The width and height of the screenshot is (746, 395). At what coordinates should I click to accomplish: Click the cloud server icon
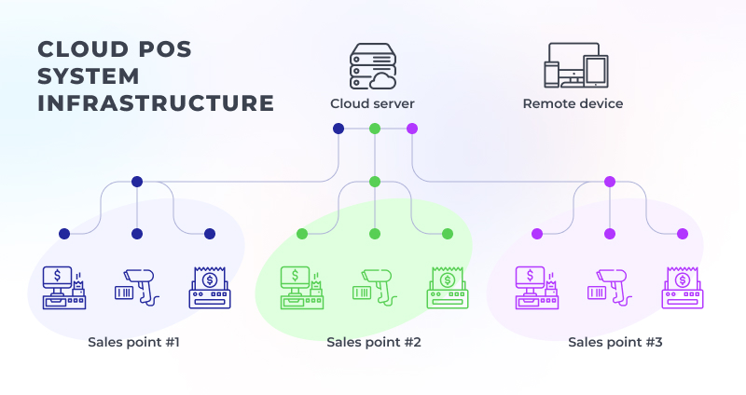(x=373, y=66)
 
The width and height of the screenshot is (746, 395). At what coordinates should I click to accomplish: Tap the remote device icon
(x=576, y=65)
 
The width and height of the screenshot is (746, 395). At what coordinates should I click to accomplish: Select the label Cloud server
(x=372, y=103)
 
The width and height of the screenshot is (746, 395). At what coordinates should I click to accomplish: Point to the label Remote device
(x=573, y=103)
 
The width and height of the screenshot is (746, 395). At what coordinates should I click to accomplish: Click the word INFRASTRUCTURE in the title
(x=156, y=103)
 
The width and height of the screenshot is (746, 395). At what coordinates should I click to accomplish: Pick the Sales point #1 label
(x=133, y=342)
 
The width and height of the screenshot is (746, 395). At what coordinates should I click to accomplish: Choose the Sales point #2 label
(x=374, y=342)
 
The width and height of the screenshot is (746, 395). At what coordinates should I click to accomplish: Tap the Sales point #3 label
(x=615, y=342)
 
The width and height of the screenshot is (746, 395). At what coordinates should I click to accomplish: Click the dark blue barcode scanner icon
(x=137, y=287)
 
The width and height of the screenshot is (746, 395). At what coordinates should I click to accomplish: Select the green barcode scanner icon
(x=375, y=287)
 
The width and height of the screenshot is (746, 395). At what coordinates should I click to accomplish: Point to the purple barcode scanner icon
(x=610, y=287)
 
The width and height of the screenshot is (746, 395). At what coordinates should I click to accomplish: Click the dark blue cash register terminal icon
(x=64, y=288)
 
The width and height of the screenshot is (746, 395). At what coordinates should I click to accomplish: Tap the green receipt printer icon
(x=448, y=288)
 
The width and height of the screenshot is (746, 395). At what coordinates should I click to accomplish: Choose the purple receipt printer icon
(x=683, y=288)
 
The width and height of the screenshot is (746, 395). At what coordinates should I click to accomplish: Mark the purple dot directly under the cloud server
(x=412, y=129)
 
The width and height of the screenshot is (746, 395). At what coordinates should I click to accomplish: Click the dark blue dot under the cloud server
(x=338, y=129)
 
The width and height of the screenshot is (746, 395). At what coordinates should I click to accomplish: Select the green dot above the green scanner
(x=375, y=234)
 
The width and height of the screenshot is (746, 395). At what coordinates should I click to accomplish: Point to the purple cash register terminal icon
(x=537, y=288)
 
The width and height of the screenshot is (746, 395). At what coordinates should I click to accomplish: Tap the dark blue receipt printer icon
(x=210, y=288)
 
